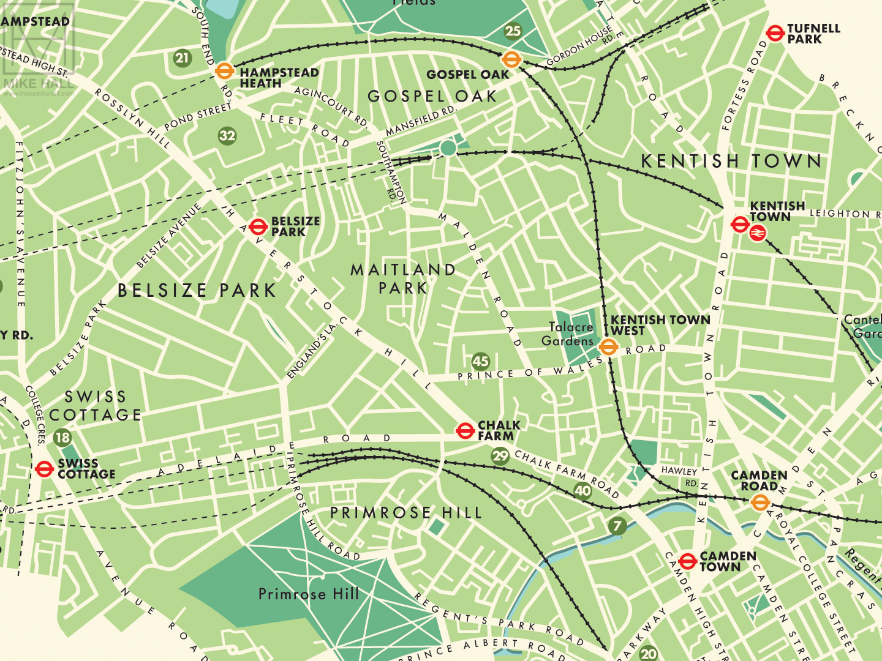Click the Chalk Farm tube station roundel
tap(466, 430)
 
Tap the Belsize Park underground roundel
tap(258, 226)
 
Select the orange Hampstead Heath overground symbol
tap(225, 71)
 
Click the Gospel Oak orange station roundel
tap(511, 59)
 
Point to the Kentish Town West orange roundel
tap(608, 347)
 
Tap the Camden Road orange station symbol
tap(759, 502)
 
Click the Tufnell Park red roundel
tap(775, 33)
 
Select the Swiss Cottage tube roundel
tap(44, 469)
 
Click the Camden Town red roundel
tap(687, 561)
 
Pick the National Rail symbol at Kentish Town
tap(758, 233)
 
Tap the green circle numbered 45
tap(481, 361)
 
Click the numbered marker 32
tap(227, 135)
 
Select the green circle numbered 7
tap(617, 526)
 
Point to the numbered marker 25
tap(513, 31)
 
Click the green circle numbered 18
tap(62, 438)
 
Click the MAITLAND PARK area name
tap(403, 278)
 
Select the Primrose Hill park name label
tap(309, 594)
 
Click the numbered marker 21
tap(182, 59)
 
